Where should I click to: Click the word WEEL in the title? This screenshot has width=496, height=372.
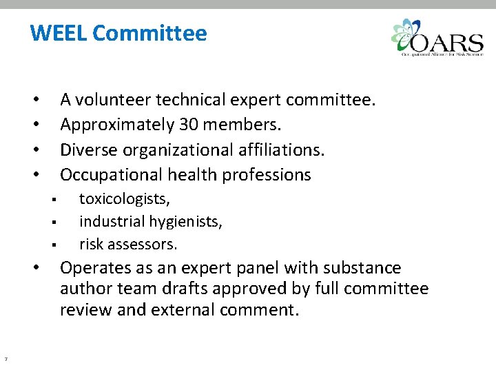pyautogui.click(x=58, y=33)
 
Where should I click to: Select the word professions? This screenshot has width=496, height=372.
pyautogui.click(x=266, y=175)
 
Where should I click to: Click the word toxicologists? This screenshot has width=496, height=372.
pyautogui.click(x=125, y=200)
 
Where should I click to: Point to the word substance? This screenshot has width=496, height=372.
pyautogui.click(x=361, y=267)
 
